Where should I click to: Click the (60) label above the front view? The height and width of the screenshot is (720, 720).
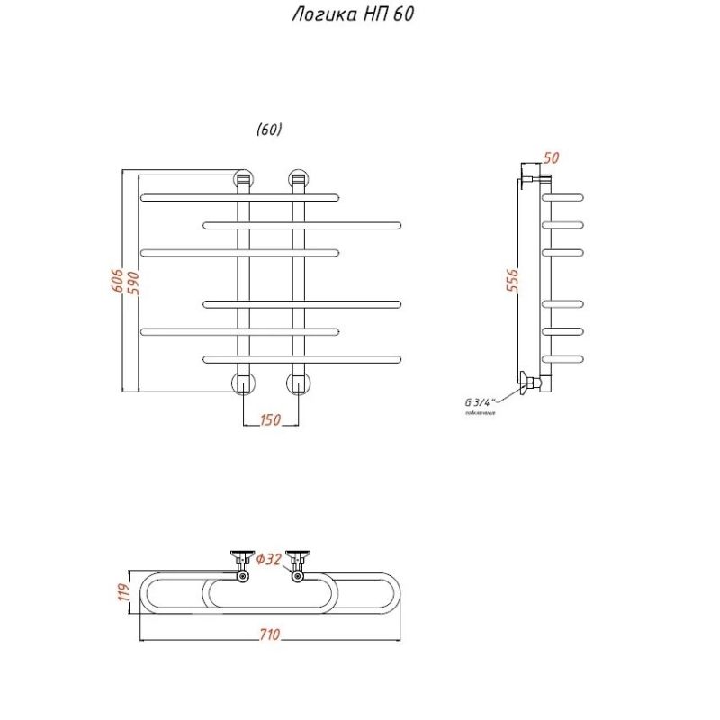269,130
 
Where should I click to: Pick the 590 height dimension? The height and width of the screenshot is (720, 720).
133,281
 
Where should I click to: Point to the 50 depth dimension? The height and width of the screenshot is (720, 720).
552,157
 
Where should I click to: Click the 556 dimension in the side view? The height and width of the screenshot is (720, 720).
512,281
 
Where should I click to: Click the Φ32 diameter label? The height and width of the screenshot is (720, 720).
269,560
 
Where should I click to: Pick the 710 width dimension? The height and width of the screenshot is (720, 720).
270,634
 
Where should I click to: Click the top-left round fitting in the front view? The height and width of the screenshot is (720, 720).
244,178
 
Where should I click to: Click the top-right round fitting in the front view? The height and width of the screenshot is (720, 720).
299,178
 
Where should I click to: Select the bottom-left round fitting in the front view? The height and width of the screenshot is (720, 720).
244,383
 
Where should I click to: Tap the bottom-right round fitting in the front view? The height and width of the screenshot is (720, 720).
299,383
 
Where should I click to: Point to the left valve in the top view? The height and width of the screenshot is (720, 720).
242,563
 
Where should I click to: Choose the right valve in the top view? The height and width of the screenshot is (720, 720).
297,563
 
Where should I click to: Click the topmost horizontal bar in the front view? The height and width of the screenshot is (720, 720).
240,196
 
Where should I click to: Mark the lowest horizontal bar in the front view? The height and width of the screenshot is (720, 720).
301,359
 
